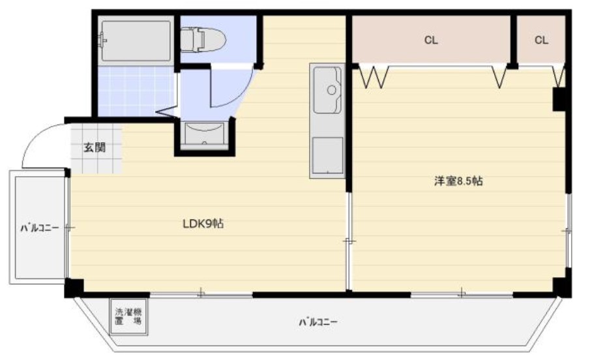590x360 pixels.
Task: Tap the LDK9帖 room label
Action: (x=203, y=224)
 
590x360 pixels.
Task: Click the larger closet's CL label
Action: (x=431, y=40)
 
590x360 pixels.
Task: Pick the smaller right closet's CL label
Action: (x=541, y=40)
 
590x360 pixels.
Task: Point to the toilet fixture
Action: (x=203, y=40)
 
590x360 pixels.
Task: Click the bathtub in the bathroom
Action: (x=134, y=40)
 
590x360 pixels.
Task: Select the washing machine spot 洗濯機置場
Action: (x=128, y=317)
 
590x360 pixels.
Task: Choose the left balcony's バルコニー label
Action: (x=40, y=228)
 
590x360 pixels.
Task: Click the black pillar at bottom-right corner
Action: (x=561, y=286)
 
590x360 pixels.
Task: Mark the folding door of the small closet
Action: (x=559, y=76)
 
